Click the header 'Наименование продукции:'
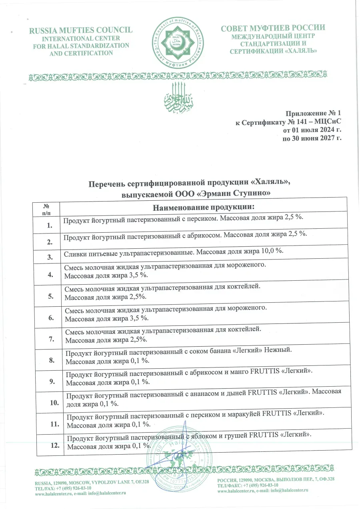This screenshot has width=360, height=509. pos(204,207)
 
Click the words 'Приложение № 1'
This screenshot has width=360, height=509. pos(315,113)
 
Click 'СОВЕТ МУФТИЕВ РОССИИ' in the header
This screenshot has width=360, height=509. pos(273,28)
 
